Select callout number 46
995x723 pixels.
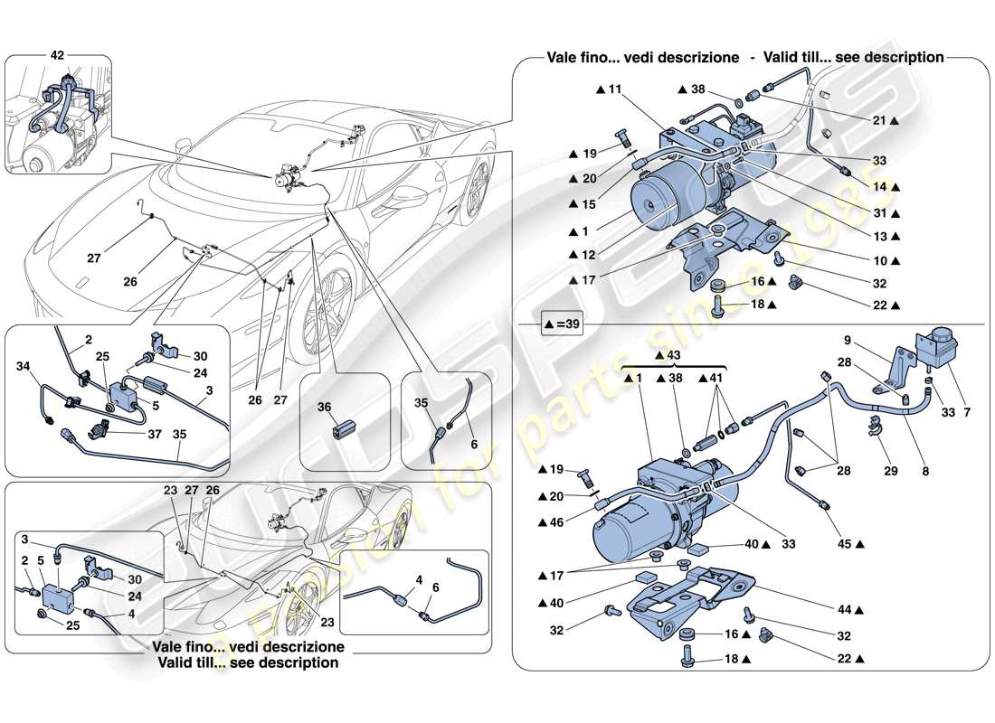click(556, 522)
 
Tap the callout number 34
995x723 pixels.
click(24, 367)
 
